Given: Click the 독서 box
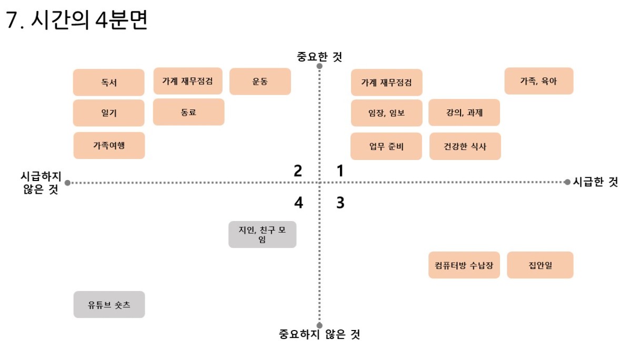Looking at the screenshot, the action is (108, 82).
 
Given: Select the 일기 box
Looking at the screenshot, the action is (108, 113).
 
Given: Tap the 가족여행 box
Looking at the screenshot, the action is (109, 145).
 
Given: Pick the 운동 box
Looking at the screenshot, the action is (260, 82).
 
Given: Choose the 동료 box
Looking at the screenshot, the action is (188, 112).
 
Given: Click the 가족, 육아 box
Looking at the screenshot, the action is (539, 81).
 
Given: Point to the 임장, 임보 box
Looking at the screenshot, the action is (386, 113).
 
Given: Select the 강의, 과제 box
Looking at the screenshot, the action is (464, 113).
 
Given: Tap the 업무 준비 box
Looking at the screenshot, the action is (386, 146).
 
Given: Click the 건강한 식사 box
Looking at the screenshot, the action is (465, 146).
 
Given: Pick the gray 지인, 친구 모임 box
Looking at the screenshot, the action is (262, 234).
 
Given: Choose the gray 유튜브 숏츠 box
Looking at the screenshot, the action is (109, 305).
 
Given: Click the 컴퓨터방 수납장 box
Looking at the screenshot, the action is (464, 265).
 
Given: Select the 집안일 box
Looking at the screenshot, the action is (541, 265).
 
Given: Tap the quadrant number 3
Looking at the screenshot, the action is (341, 203).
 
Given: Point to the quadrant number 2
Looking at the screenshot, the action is (298, 171).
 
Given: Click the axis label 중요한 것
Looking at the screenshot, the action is (319, 56).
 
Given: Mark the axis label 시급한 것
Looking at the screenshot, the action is (596, 182).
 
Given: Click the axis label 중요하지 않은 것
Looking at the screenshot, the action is (319, 334).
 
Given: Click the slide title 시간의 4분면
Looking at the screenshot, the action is (89, 19).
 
